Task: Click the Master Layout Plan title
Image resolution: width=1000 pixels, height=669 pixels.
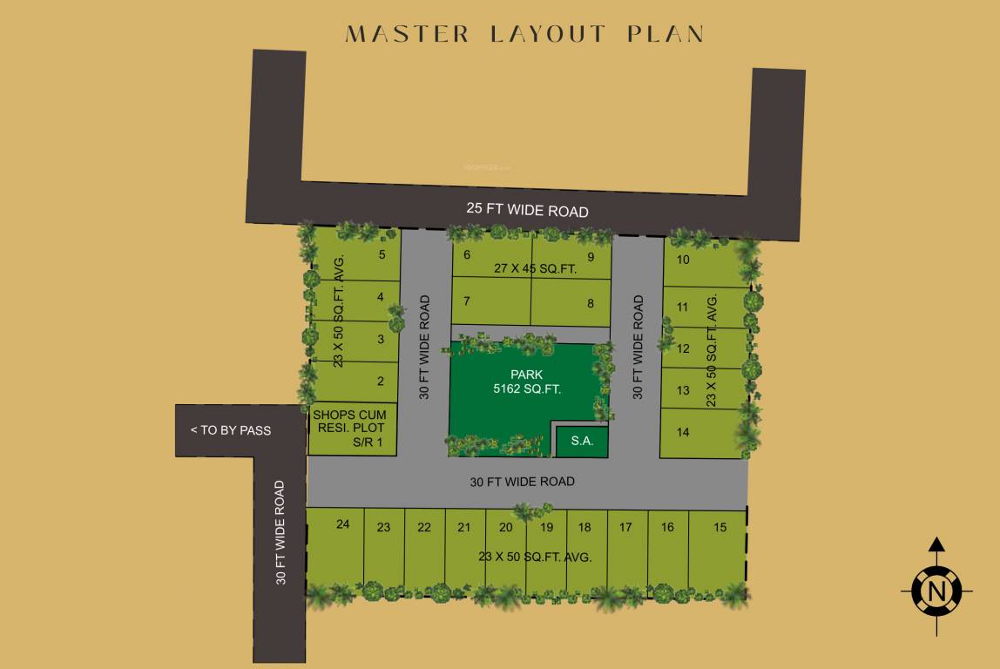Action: pyautogui.click(x=524, y=34)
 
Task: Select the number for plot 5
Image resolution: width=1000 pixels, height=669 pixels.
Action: pyautogui.click(x=382, y=254)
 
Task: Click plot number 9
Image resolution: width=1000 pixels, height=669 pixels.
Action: pyautogui.click(x=591, y=256)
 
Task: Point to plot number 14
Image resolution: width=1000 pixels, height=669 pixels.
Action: pyautogui.click(x=683, y=432)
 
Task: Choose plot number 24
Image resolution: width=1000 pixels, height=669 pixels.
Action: pyautogui.click(x=342, y=524)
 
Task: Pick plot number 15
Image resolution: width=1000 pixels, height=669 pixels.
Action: pyautogui.click(x=720, y=527)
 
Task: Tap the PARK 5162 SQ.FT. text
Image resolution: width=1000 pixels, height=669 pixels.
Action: pyautogui.click(x=526, y=382)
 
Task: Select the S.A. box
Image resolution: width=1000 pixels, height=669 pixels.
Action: pyautogui.click(x=582, y=442)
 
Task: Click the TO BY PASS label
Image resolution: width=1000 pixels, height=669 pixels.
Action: pyautogui.click(x=231, y=430)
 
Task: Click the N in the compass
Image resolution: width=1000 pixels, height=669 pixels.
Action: pyautogui.click(x=936, y=592)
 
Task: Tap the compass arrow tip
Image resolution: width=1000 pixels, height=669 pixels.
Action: pyautogui.click(x=936, y=542)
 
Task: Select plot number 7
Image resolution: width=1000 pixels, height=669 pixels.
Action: pyautogui.click(x=467, y=301)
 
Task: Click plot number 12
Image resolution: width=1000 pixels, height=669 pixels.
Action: pyautogui.click(x=683, y=349)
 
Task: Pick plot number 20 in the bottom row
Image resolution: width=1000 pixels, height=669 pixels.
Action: pyautogui.click(x=506, y=527)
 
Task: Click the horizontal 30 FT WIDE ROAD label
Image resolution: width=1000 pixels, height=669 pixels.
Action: pyautogui.click(x=523, y=482)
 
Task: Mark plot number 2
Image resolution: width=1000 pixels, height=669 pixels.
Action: pyautogui.click(x=381, y=381)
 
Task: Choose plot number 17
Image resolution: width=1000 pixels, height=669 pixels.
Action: pyautogui.click(x=626, y=527)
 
